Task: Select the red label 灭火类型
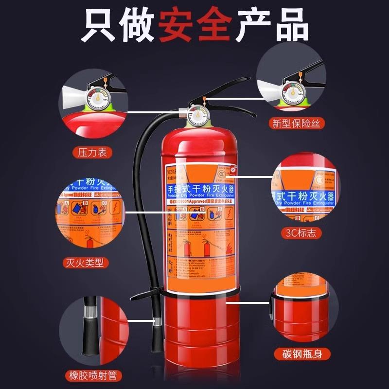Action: [86, 263]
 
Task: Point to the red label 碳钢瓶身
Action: [297, 354]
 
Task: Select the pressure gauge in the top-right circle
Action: [291, 90]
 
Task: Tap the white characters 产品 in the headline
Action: [272, 24]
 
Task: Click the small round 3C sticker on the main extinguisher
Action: [233, 169]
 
